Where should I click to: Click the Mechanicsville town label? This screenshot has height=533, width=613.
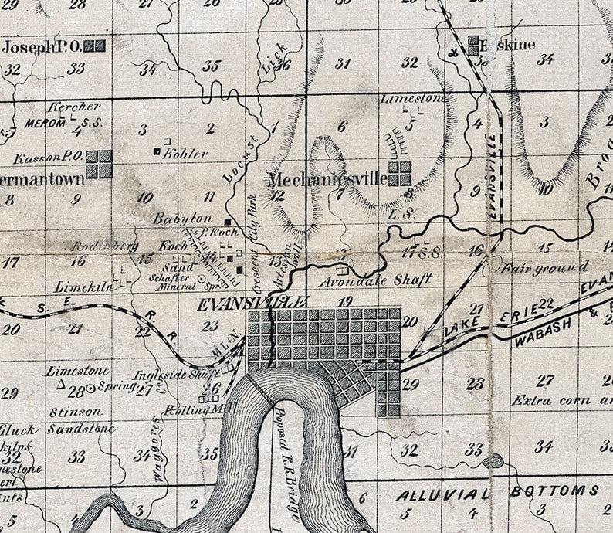[327, 179]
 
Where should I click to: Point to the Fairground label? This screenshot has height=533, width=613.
[544, 268]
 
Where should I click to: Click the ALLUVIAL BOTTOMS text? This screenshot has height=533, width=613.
[497, 491]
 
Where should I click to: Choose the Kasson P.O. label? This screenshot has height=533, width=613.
[48, 157]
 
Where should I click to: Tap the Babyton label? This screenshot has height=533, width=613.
[182, 219]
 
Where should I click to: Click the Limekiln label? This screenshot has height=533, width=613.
[83, 286]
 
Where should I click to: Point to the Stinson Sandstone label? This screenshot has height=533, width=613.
[80, 420]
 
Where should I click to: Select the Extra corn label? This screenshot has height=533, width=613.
[561, 400]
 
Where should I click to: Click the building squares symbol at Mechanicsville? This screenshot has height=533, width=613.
[399, 174]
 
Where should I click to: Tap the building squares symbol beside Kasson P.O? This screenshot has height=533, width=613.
[99, 164]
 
